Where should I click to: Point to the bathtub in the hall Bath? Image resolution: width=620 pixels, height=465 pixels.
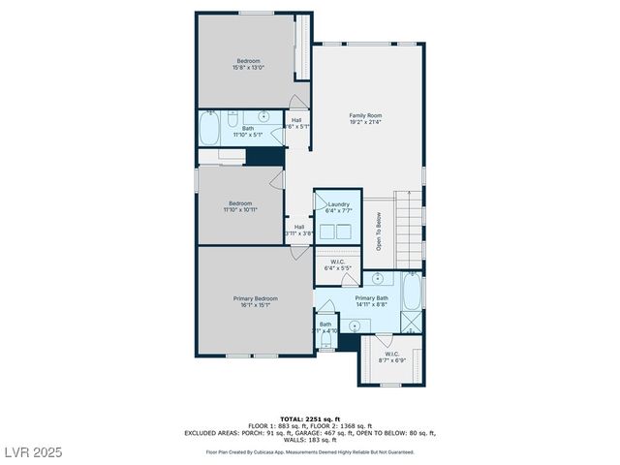(209, 128)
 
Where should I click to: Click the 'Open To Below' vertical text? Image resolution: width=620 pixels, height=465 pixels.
(380, 232)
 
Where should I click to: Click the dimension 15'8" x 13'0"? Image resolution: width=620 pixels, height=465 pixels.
(248, 68)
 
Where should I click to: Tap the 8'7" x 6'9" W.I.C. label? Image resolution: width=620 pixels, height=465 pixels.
(391, 356)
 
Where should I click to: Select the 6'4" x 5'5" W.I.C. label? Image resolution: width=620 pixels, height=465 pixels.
(338, 264)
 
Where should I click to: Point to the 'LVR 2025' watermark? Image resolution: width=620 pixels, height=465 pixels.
(33, 452)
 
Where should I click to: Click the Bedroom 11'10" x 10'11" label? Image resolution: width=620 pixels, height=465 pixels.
(239, 206)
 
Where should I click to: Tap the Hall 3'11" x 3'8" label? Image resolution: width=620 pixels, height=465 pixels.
(299, 230)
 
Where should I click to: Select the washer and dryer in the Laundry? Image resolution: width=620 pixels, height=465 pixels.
(337, 231)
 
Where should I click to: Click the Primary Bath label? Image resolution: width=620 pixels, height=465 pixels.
(371, 301)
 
